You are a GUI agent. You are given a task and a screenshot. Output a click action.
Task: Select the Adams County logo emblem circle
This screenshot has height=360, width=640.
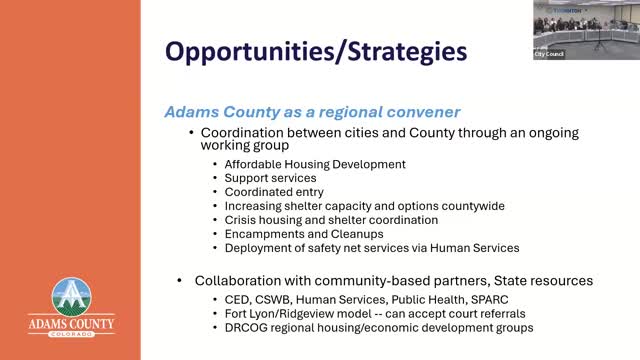pyautogui.click(x=71, y=297)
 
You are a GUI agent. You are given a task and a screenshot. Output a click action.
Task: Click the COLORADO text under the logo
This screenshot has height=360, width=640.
pyautogui.click(x=71, y=334)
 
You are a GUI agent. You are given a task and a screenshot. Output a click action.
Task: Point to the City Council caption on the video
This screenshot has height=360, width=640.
pyautogui.click(x=549, y=54)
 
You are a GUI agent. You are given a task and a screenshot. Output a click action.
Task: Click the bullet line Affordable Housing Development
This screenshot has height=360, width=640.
pyautogui.click(x=315, y=164)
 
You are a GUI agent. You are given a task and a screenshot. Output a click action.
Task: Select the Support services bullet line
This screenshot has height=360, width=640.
pyautogui.click(x=270, y=178)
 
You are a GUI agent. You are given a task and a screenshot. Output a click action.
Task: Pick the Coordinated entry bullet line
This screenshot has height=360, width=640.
pyautogui.click(x=274, y=192)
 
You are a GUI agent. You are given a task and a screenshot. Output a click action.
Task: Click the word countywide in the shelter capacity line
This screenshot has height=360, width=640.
pyautogui.click(x=473, y=206)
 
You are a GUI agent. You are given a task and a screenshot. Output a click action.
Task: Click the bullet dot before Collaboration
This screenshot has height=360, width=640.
pyautogui.click(x=179, y=281)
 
